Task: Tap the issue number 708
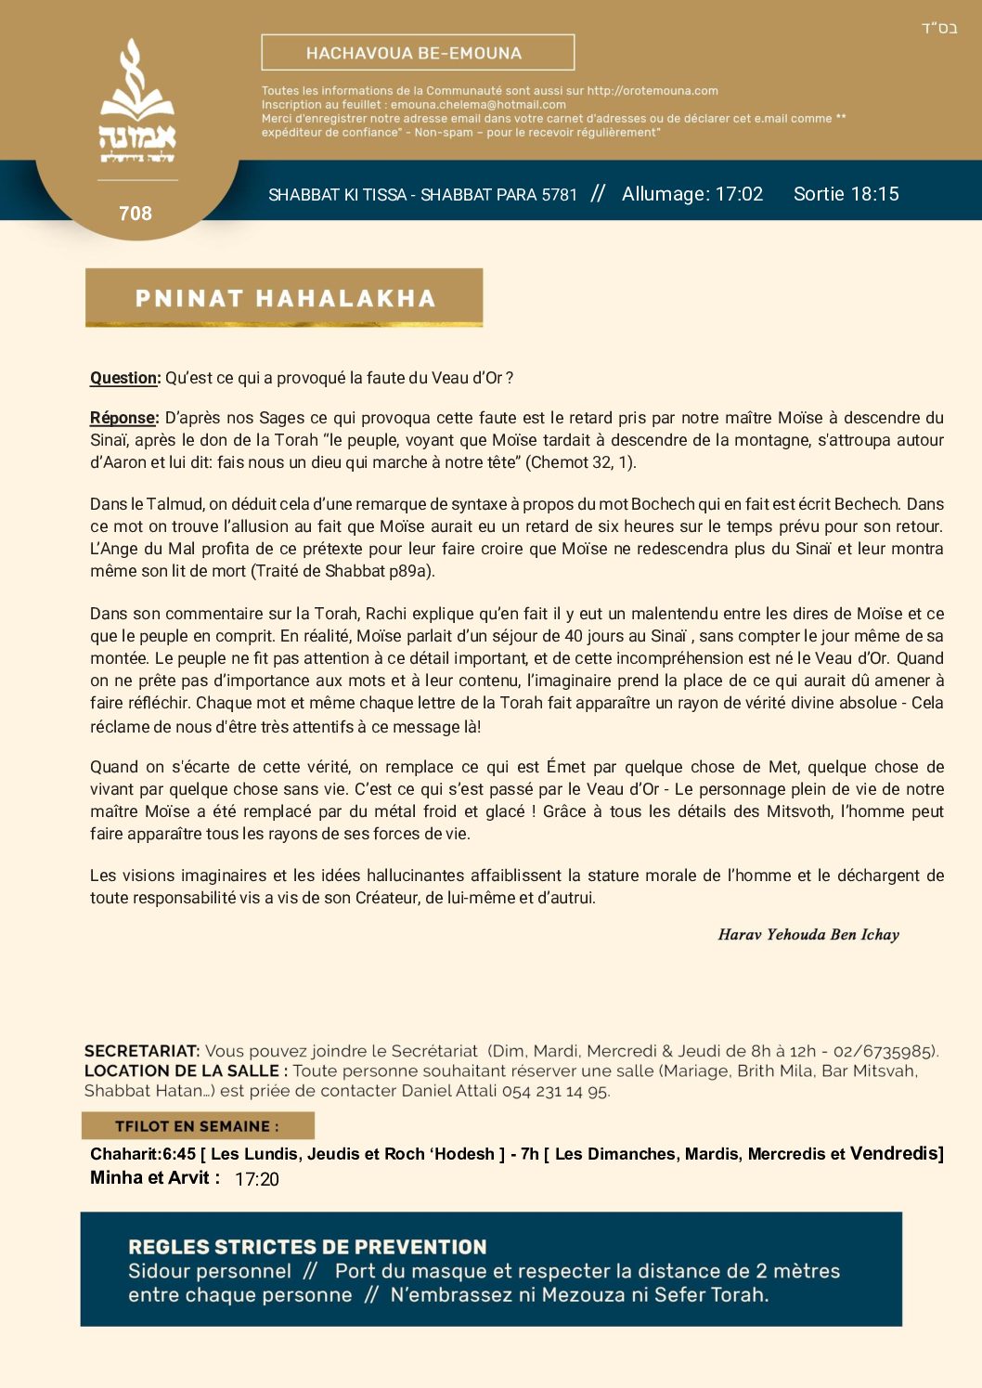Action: [136, 214]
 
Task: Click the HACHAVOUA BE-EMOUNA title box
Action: [418, 53]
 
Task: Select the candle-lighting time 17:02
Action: [739, 194]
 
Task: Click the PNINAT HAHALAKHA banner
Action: [284, 298]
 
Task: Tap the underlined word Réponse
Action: [124, 418]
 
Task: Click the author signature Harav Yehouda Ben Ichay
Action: [808, 935]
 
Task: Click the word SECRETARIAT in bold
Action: [142, 1051]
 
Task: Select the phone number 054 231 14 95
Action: [555, 1091]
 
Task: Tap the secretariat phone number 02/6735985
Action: [884, 1051]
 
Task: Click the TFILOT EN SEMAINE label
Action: [197, 1126]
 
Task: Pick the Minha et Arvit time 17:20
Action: [257, 1179]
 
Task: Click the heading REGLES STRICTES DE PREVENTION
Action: [307, 1247]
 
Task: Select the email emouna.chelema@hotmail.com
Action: [478, 105]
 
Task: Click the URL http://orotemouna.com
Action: [653, 91]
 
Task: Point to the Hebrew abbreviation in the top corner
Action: [939, 28]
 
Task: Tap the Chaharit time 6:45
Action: [179, 1154]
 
